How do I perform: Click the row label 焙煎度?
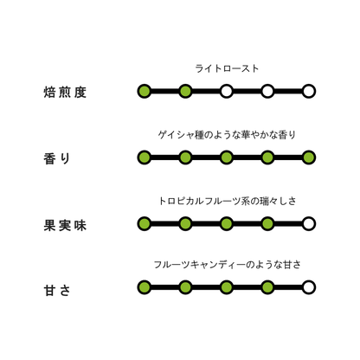click(x=65, y=93)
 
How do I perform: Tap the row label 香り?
click(x=57, y=158)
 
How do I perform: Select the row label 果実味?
click(x=65, y=225)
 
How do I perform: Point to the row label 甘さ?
click(x=57, y=290)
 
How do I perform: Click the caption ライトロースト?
click(x=227, y=68)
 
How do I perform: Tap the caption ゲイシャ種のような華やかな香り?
click(x=227, y=135)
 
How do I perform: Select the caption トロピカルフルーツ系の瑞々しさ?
click(x=227, y=201)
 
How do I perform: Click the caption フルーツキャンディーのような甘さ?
click(x=227, y=265)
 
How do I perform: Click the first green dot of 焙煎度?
click(x=145, y=92)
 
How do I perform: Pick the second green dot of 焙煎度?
click(x=185, y=92)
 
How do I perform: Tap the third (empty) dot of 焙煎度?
click(x=227, y=92)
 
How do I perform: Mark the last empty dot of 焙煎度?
click(x=309, y=92)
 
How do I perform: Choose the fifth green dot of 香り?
click(x=309, y=157)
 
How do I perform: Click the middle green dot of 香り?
click(x=227, y=157)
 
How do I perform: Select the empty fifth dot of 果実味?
click(x=309, y=223)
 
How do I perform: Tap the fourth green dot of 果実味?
click(x=267, y=223)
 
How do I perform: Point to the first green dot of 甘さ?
click(x=145, y=287)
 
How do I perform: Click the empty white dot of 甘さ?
click(x=309, y=287)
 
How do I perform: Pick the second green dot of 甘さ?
click(x=185, y=287)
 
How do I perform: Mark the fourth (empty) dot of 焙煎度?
click(x=267, y=92)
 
